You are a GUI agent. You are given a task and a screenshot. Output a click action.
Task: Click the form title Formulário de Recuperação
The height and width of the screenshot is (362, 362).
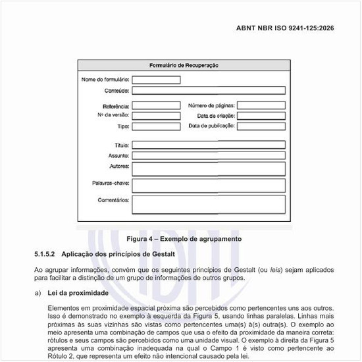tap(184, 65)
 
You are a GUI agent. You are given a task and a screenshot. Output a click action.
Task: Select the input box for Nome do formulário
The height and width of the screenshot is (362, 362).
tap(156, 80)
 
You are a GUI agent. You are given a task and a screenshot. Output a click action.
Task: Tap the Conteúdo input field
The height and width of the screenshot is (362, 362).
tap(209, 91)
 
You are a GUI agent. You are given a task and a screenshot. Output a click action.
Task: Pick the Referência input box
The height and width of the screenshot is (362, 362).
tap(156, 105)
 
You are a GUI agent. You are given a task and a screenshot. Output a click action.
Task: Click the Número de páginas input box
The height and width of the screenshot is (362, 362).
tap(261, 105)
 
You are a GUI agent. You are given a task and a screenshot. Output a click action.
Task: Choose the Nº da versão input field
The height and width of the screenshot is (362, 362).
tap(156, 116)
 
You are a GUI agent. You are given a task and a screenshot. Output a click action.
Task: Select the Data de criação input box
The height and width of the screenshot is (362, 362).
tap(261, 116)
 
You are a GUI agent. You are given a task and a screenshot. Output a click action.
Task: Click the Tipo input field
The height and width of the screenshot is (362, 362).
tap(156, 126)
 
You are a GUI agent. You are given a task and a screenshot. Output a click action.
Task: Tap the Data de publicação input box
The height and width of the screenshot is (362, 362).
tap(261, 126)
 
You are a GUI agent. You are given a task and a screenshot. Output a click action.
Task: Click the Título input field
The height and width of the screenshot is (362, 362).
tap(209, 145)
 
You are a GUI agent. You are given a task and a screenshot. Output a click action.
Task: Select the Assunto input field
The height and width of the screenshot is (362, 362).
tap(209, 156)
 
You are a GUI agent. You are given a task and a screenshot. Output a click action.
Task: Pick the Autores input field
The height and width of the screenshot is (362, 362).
tap(209, 167)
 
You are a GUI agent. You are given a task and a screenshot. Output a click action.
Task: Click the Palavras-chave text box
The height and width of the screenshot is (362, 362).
tap(209, 184)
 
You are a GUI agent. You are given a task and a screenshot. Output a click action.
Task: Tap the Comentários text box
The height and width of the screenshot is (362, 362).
tap(209, 204)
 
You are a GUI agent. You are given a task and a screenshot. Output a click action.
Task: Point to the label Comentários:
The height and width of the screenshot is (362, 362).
tap(113, 199)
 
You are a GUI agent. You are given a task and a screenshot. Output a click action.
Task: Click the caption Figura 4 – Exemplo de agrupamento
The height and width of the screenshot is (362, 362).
tap(184, 238)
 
